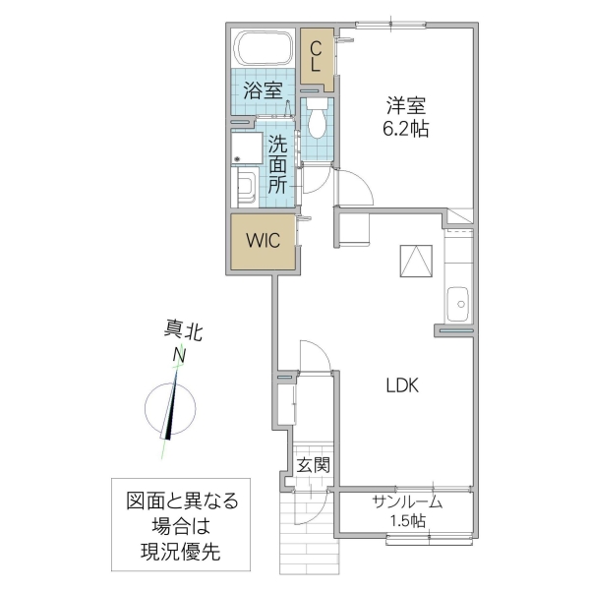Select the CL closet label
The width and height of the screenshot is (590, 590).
(316, 55)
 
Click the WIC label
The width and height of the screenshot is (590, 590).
(264, 241)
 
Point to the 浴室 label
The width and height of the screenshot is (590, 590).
(263, 91)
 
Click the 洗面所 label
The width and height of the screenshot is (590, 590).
(277, 162)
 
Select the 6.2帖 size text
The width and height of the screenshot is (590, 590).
(406, 129)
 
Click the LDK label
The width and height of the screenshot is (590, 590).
(401, 385)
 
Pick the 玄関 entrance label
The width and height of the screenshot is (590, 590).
(314, 464)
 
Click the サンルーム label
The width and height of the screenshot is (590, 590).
(406, 501)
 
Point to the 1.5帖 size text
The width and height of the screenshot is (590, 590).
(407, 520)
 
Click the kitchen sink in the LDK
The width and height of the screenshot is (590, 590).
(458, 303)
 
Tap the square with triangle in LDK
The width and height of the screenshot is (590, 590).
(415, 260)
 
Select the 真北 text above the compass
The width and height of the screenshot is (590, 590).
(182, 332)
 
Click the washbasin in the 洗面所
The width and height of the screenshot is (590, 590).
(246, 186)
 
